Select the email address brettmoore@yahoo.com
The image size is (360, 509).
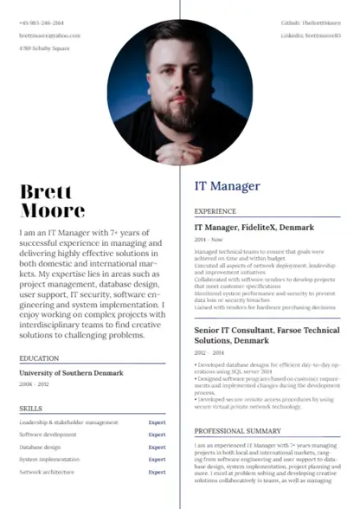pos(49,35)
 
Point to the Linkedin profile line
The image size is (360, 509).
pos(311,35)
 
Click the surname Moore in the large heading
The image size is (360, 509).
pos(52,210)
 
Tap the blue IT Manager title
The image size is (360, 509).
pos(227,186)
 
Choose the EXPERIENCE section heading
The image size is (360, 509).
pos(215,211)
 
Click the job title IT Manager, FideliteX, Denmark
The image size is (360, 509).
pos(254,227)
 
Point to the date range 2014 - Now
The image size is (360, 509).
pos(208,239)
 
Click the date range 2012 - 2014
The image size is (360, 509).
pos(209,353)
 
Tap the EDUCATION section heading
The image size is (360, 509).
pos(39,358)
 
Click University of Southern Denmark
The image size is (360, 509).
pos(71,373)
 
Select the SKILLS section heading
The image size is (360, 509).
pos(31,406)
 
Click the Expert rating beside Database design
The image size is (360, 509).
pos(157,448)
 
